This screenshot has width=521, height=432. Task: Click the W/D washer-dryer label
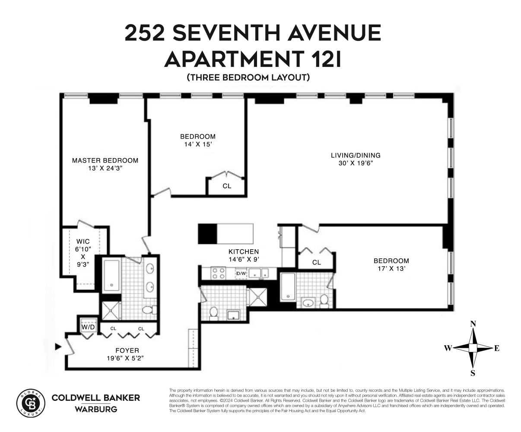[88, 327]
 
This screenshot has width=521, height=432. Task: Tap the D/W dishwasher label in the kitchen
[241, 273]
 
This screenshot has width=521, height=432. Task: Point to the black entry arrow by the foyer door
[57, 346]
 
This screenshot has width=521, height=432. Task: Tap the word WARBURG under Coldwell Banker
[95, 409]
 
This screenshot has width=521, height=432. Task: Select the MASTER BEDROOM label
[105, 160]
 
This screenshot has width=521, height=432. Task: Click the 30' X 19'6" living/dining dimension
[355, 163]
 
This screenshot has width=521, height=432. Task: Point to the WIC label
[83, 241]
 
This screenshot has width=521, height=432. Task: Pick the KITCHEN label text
[244, 251]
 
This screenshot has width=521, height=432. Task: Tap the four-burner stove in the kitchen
[218, 273]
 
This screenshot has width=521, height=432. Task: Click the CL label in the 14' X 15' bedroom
[227, 186]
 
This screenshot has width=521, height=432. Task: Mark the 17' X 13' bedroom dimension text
[391, 268]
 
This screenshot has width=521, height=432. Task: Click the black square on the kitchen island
[207, 234]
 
